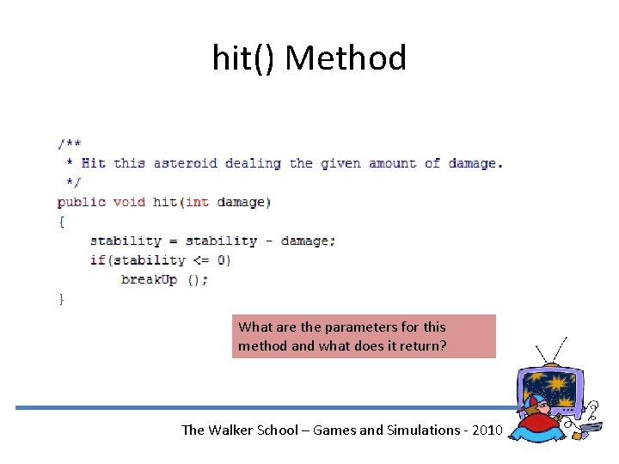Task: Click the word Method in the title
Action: (x=346, y=58)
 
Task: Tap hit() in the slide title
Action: (x=244, y=58)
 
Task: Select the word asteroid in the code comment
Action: (x=185, y=163)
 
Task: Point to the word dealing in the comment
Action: (x=253, y=163)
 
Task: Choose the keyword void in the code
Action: (x=129, y=202)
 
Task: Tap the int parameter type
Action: (x=197, y=202)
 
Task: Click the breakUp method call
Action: (x=149, y=279)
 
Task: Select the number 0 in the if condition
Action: (x=221, y=259)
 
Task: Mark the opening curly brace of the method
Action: (x=61, y=221)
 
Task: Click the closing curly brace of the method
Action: (x=61, y=298)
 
